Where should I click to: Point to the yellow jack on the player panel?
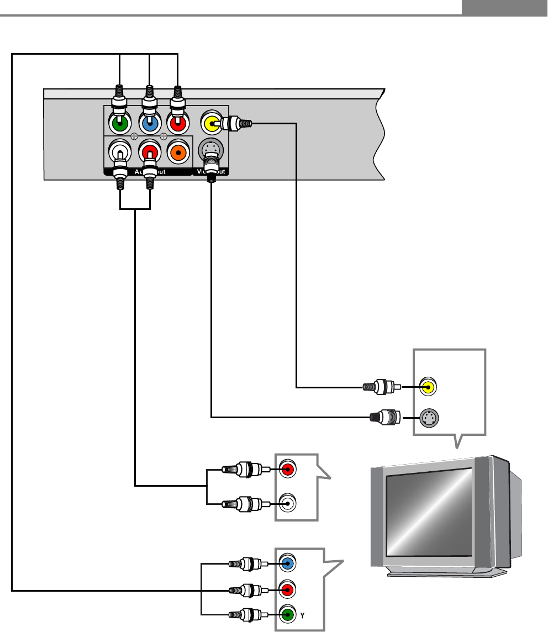click(210, 123)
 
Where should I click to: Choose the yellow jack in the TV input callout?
click(428, 387)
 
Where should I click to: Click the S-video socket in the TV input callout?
click(428, 418)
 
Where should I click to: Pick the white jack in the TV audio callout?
click(287, 503)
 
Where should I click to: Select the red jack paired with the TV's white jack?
click(287, 470)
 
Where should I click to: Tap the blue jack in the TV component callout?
click(286, 564)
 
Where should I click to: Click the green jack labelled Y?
click(286, 613)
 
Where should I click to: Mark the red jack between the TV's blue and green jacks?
click(286, 589)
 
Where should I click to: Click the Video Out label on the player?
click(212, 172)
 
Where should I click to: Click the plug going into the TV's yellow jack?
click(382, 387)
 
